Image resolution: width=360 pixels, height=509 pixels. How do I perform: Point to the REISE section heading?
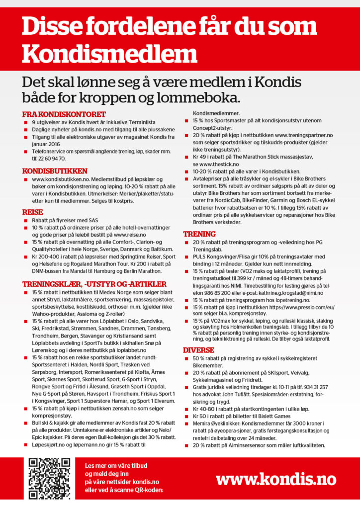[33, 212]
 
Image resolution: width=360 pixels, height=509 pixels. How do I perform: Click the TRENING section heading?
[199, 234]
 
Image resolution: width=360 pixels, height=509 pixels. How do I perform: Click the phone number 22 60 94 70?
[52, 159]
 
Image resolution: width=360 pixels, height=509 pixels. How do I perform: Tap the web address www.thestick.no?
[218, 164]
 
